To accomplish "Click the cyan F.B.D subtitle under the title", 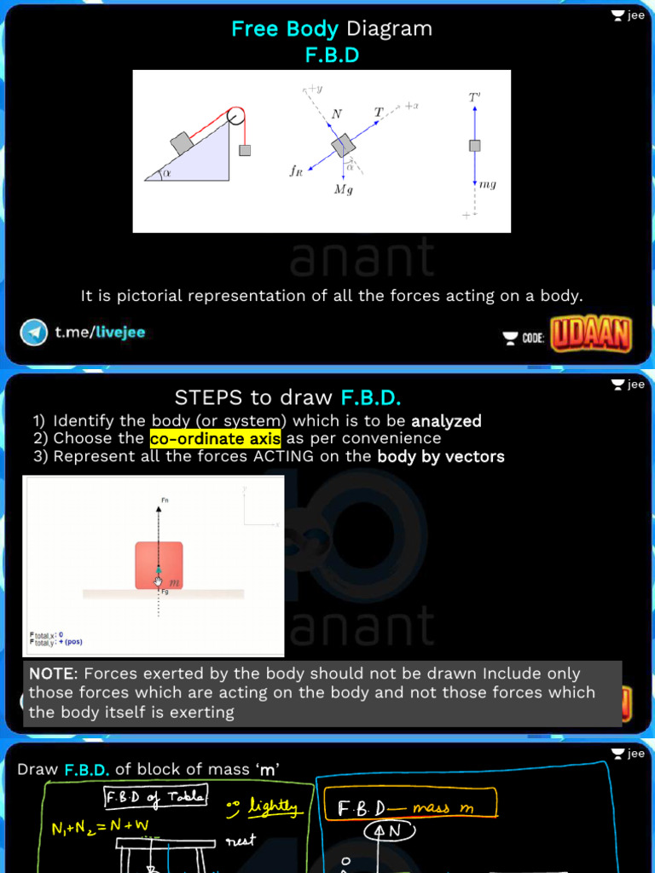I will pyautogui.click(x=332, y=55).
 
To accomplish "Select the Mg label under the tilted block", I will pyautogui.click(x=343, y=189).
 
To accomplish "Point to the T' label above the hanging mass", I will pyautogui.click(x=474, y=98).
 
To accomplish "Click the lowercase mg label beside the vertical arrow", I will pyautogui.click(x=488, y=184).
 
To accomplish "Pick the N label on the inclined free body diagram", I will pyautogui.click(x=336, y=113).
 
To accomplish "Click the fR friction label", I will pyautogui.click(x=296, y=171).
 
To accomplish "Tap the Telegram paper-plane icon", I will pyautogui.click(x=34, y=332).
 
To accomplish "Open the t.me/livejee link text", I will pyautogui.click(x=100, y=332).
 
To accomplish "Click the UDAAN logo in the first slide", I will pyautogui.click(x=591, y=334).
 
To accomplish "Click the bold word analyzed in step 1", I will pyautogui.click(x=446, y=421).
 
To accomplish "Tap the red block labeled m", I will pyautogui.click(x=159, y=564).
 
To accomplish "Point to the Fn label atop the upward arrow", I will pyautogui.click(x=165, y=500).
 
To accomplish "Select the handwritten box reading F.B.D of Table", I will pyautogui.click(x=154, y=796).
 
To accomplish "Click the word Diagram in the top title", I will pyautogui.click(x=388, y=29).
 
